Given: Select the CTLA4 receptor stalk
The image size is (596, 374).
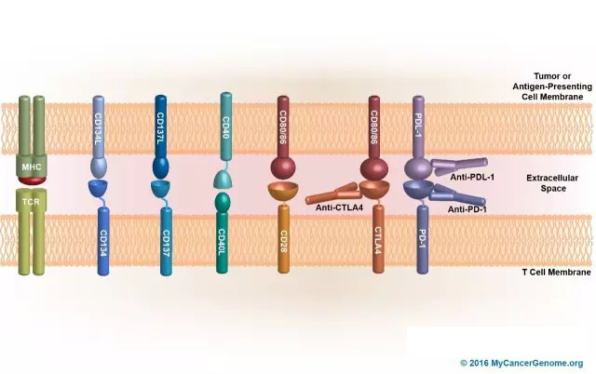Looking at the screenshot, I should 379,244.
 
